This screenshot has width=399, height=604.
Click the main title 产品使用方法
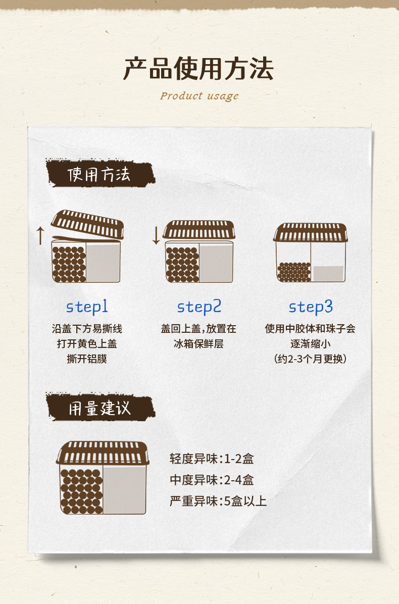[x=198, y=69]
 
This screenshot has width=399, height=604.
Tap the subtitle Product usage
[x=199, y=96]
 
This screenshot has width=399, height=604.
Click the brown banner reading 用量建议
[x=100, y=408]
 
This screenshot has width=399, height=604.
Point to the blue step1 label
[x=87, y=307]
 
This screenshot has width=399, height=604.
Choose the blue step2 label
[x=199, y=307]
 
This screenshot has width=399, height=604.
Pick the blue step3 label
[x=311, y=307]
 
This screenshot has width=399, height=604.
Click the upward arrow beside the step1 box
[x=40, y=235]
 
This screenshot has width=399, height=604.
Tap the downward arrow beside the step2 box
[x=156, y=235]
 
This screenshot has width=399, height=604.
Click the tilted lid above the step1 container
[x=87, y=224]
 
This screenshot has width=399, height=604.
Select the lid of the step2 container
[x=198, y=230]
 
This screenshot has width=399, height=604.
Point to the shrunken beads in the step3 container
[x=294, y=272]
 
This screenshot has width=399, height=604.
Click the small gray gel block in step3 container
[x=328, y=274]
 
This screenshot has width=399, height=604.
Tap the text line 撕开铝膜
[x=87, y=359]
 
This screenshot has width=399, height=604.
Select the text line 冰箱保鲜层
[x=198, y=343]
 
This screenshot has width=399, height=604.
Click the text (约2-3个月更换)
[x=310, y=359]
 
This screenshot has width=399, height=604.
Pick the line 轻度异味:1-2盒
[x=212, y=459]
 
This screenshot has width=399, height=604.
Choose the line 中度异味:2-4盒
[x=212, y=480]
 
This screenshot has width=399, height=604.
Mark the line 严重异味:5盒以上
[x=218, y=501]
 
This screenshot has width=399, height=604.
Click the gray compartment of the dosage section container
[x=124, y=489]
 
